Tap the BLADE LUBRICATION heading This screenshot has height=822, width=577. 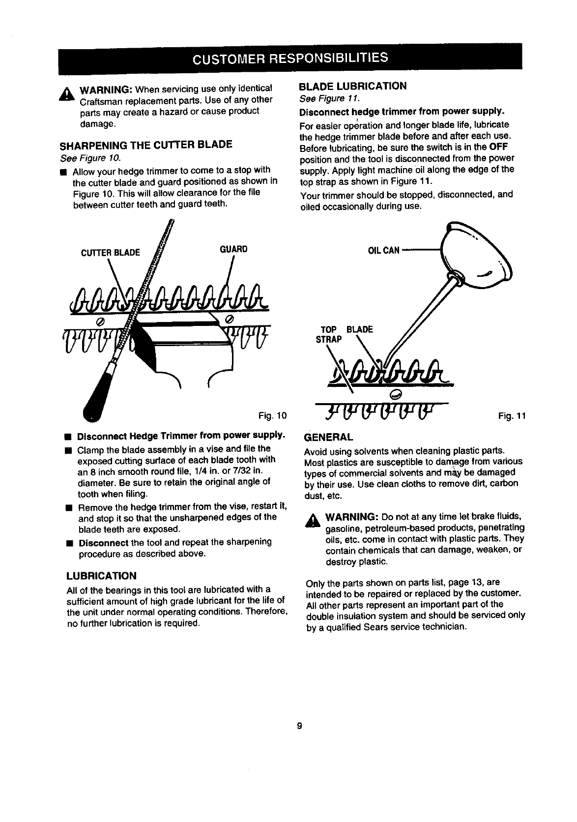point(353,86)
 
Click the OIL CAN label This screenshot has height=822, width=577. point(384,251)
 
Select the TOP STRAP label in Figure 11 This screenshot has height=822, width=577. point(327,334)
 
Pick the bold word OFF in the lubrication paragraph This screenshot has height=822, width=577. point(499,147)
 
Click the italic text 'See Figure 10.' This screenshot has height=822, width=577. point(89,158)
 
